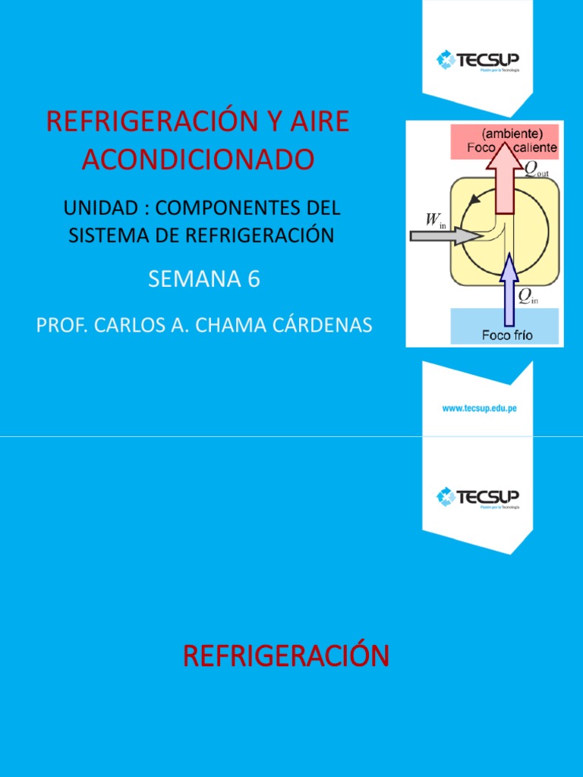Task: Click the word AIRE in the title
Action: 318,122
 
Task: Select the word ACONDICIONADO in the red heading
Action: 197,159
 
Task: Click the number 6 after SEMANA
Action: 254,279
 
